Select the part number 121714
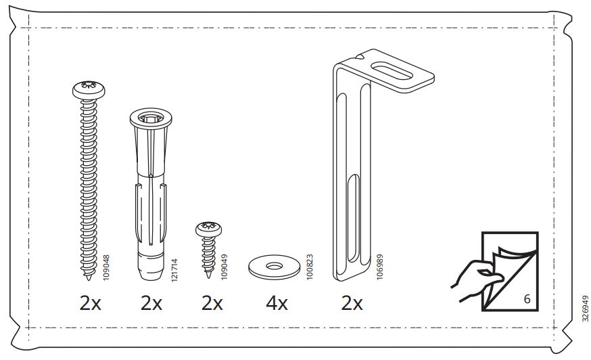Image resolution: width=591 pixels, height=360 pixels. coord(174,268)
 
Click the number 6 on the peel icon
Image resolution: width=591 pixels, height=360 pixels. coord(525,298)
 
